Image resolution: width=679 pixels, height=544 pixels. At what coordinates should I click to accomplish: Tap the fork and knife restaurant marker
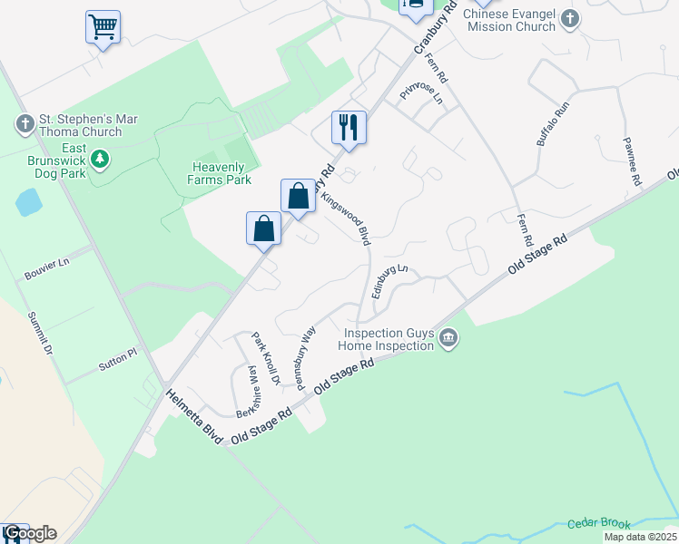[349, 127]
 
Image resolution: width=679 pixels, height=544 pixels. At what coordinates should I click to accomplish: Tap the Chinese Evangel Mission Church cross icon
[569, 19]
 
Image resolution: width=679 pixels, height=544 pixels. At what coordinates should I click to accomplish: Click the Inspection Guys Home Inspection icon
[448, 339]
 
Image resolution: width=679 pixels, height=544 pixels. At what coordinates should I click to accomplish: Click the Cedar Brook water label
[598, 524]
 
